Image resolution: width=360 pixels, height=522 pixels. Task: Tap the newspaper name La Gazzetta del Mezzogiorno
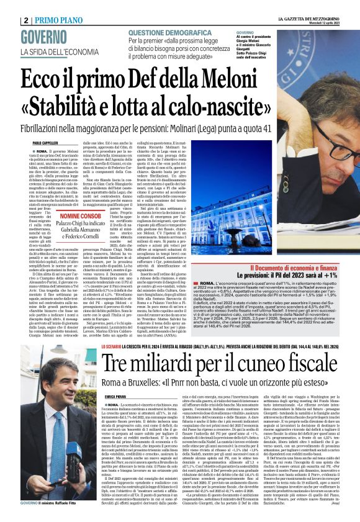click(x=308, y=18)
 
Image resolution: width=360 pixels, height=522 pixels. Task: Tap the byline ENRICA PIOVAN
click(x=115, y=377)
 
